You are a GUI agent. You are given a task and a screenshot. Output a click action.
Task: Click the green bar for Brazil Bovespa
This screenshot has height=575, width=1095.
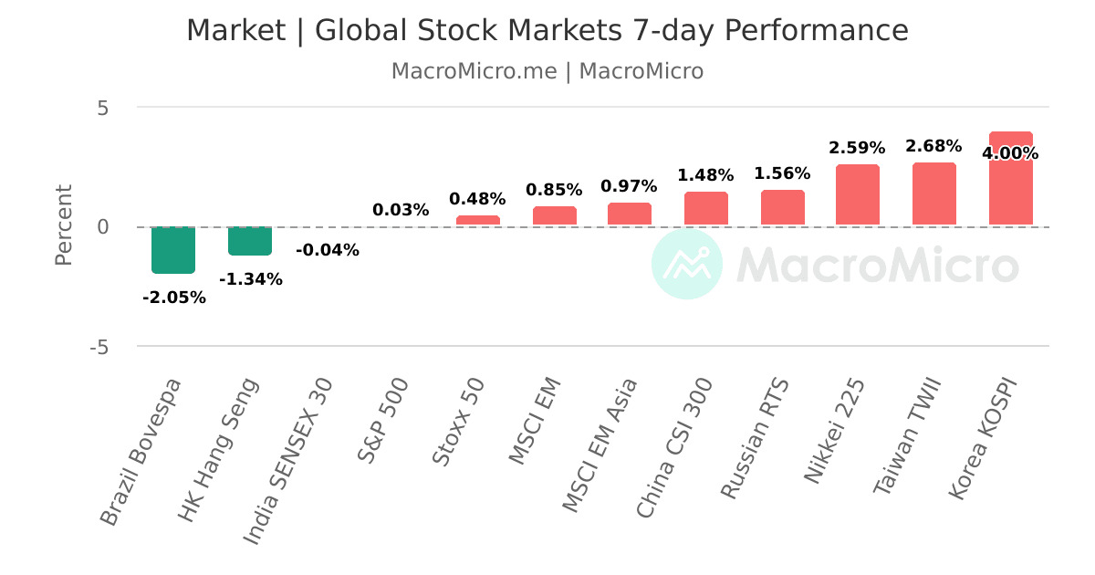(173, 250)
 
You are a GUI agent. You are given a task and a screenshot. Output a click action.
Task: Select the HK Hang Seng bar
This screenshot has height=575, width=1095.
(250, 241)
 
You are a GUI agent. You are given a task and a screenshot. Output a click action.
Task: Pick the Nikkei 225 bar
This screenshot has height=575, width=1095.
(858, 195)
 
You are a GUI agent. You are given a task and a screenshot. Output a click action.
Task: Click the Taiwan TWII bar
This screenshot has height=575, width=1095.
(934, 194)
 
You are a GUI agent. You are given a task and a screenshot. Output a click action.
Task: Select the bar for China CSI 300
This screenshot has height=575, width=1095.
(706, 209)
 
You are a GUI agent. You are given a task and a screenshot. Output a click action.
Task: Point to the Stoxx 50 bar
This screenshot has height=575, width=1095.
(478, 221)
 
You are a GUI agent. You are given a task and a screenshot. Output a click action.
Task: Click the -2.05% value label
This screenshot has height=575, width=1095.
(174, 298)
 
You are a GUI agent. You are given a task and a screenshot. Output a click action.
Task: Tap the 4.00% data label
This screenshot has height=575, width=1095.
(1010, 153)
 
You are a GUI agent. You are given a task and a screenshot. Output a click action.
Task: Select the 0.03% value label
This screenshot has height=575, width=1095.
(401, 210)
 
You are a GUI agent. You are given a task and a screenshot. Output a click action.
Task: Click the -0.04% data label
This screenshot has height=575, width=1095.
(327, 250)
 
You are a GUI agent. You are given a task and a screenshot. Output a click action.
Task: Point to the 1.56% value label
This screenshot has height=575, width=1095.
(782, 173)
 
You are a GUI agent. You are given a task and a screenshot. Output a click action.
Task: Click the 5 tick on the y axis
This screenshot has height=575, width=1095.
(102, 108)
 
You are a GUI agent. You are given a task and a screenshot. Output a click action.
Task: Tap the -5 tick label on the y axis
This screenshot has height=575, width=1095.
(99, 347)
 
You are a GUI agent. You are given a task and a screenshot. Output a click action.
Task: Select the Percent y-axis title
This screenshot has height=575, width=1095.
(63, 225)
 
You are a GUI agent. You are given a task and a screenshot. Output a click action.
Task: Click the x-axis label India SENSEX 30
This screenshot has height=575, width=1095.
(289, 461)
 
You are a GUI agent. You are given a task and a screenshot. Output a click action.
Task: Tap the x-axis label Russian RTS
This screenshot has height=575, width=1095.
(755, 438)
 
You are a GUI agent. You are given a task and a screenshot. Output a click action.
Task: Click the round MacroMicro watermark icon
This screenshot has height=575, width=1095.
(687, 264)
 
